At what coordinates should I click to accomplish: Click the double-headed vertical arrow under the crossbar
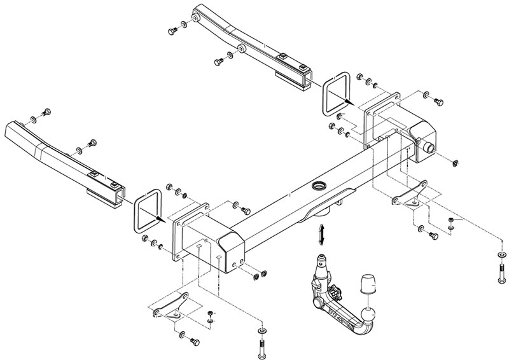pyautogui.click(x=323, y=233)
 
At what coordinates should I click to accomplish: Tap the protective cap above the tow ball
pyautogui.click(x=368, y=284)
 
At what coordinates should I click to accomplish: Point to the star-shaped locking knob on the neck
pyautogui.click(x=335, y=294)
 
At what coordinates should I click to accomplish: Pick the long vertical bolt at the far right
pyautogui.click(x=501, y=274)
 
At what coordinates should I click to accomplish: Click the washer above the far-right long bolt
pyautogui.click(x=501, y=254)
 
